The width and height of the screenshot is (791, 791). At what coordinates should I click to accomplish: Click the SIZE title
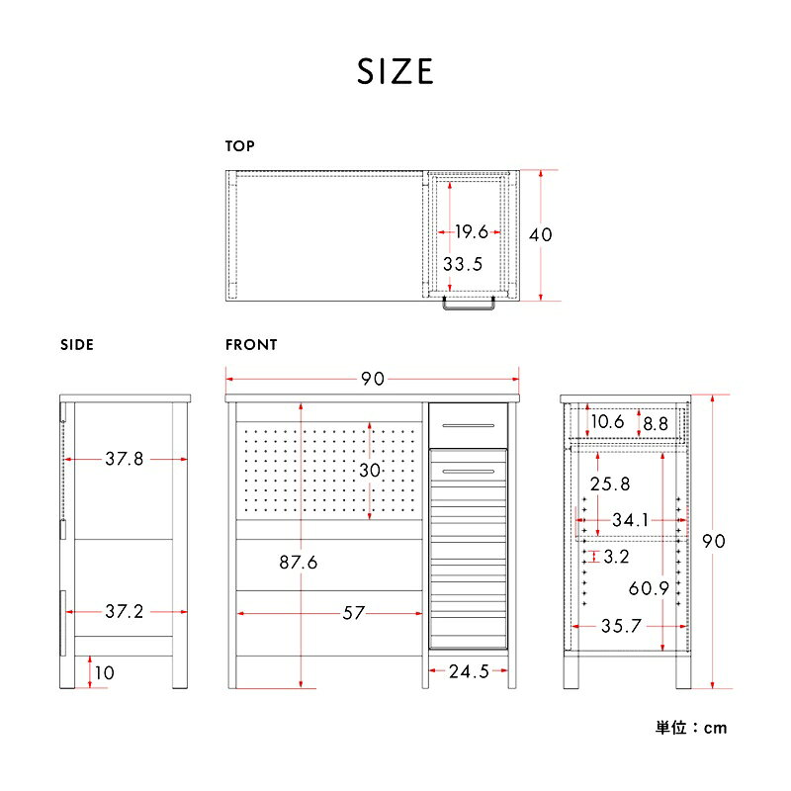pyautogui.click(x=395, y=71)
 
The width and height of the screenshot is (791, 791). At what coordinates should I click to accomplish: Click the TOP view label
pyautogui.click(x=239, y=146)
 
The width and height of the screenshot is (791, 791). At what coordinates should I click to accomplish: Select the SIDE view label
pyautogui.click(x=77, y=345)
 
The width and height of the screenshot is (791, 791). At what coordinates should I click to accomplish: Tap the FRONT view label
pyautogui.click(x=251, y=345)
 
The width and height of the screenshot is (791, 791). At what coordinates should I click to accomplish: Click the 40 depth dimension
pyautogui.click(x=540, y=234)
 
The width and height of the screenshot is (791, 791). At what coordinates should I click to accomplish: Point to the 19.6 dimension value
pyautogui.click(x=472, y=232)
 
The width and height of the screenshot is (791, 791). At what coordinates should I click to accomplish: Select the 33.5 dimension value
pyautogui.click(x=463, y=264)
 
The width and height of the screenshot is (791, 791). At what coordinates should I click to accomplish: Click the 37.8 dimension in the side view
pyautogui.click(x=125, y=459)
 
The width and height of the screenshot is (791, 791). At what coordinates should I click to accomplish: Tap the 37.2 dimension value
pyautogui.click(x=125, y=612)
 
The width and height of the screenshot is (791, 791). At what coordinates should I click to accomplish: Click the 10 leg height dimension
pyautogui.click(x=105, y=672)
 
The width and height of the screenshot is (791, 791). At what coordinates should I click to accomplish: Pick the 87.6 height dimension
pyautogui.click(x=299, y=563)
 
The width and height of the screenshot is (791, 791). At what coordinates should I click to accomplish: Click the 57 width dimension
pyautogui.click(x=353, y=613)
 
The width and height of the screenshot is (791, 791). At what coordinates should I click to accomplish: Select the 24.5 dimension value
pyautogui.click(x=469, y=671)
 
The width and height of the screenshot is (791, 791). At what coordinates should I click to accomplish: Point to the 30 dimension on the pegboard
pyautogui.click(x=370, y=471)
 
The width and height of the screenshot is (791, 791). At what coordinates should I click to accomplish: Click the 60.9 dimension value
pyautogui.click(x=649, y=588)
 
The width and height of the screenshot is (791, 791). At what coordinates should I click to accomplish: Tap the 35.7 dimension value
pyautogui.click(x=621, y=626)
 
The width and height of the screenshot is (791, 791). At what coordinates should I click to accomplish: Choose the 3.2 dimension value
pyautogui.click(x=616, y=557)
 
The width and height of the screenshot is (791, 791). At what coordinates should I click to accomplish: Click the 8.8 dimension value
pyautogui.click(x=656, y=424)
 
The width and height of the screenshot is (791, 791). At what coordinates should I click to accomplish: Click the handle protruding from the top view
pyautogui.click(x=469, y=305)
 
